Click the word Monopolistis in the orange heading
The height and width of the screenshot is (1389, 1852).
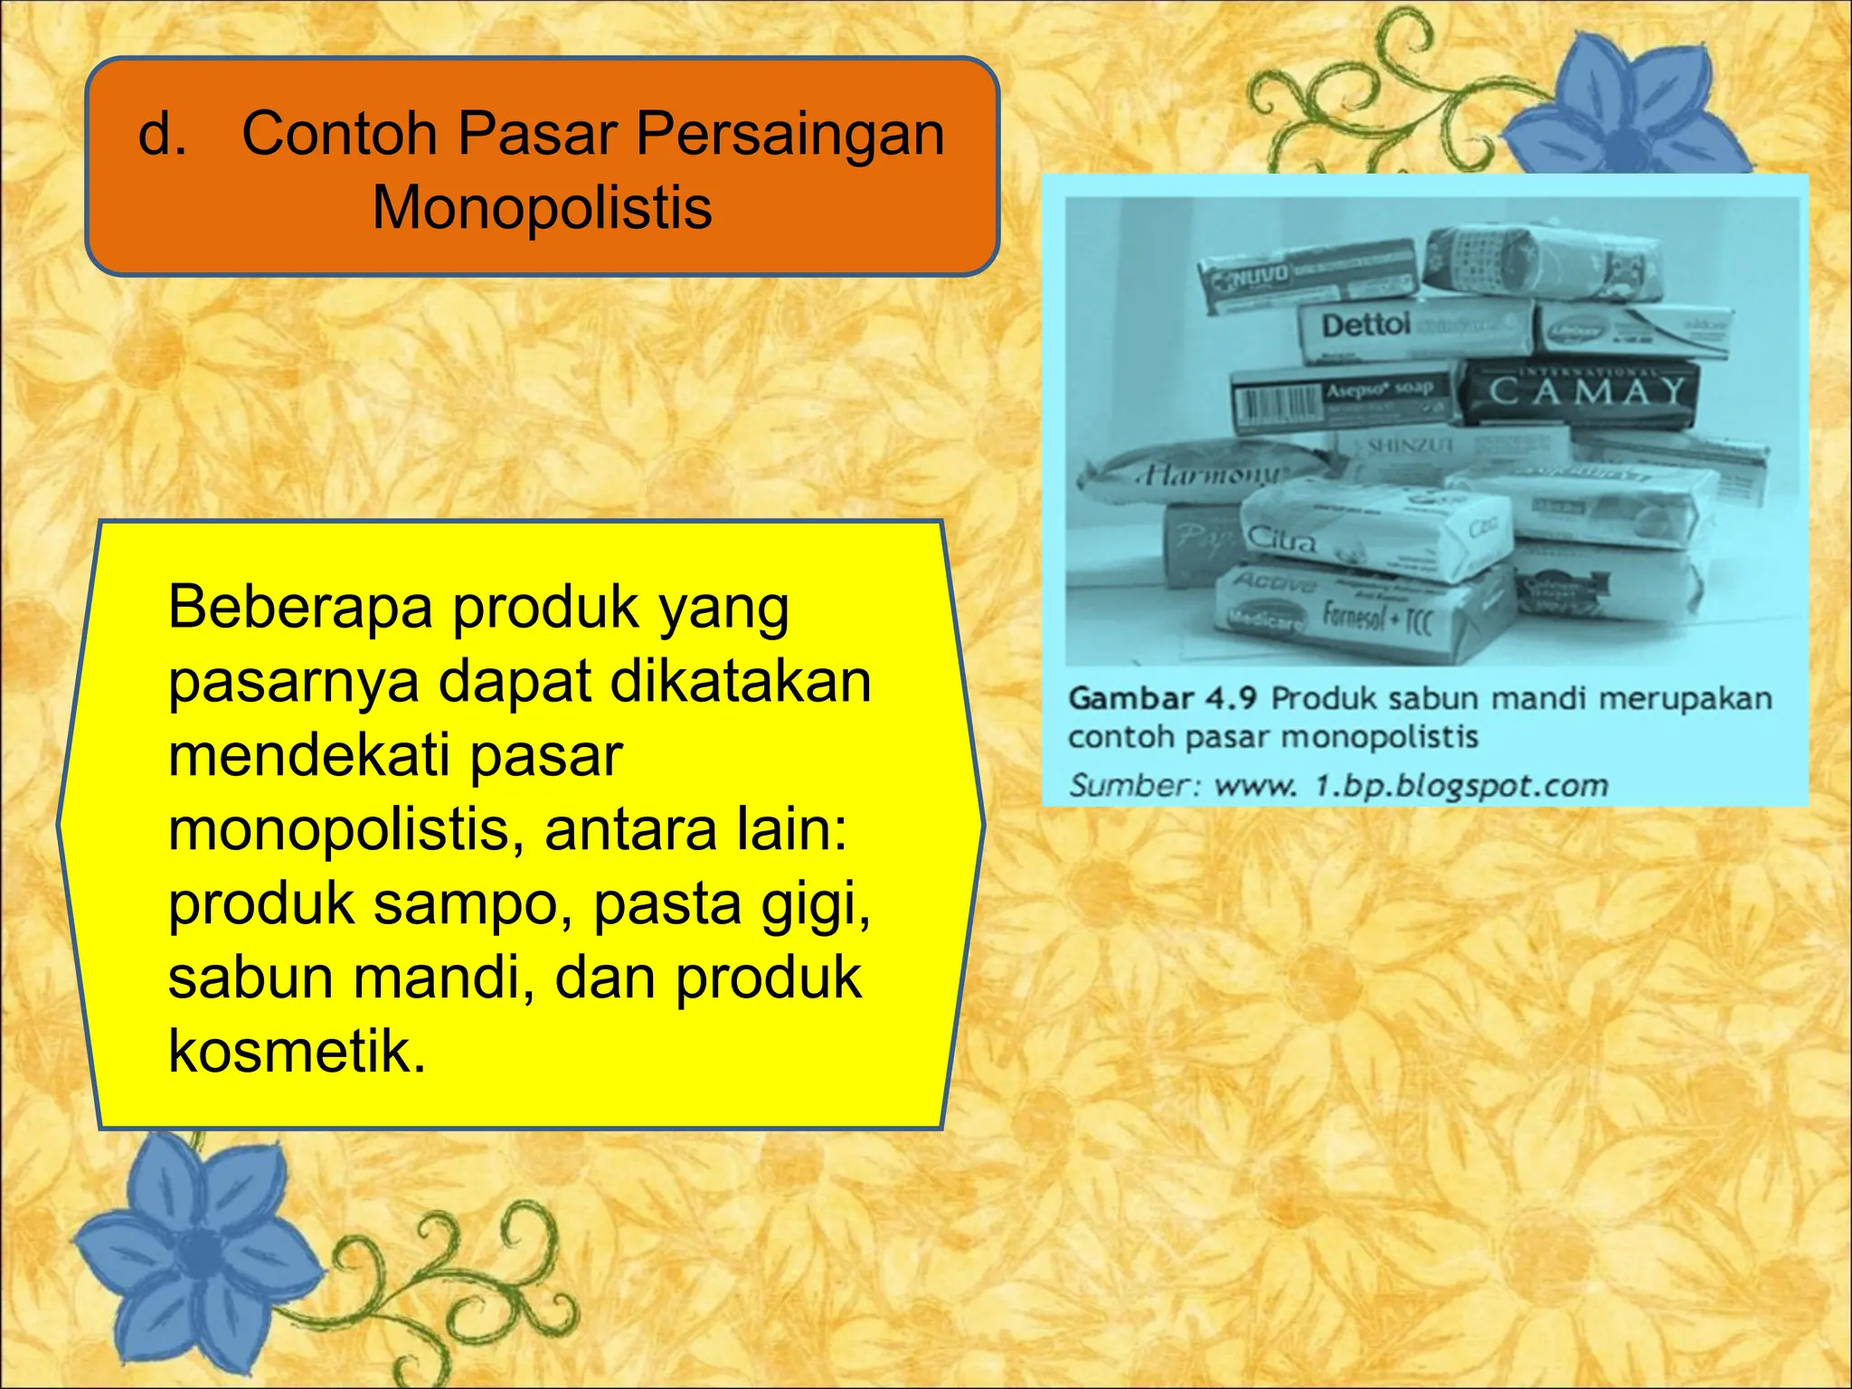(x=542, y=208)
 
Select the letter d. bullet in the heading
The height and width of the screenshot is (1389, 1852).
(x=163, y=134)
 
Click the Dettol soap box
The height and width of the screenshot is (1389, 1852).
(x=1415, y=327)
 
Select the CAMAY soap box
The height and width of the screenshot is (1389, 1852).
(x=1583, y=392)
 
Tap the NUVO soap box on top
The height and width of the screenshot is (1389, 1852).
(x=1306, y=278)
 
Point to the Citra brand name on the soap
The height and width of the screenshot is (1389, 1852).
(x=1281, y=539)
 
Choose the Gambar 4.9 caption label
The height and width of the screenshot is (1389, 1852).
(x=1162, y=698)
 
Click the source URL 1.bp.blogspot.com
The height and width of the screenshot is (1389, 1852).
(x=1460, y=785)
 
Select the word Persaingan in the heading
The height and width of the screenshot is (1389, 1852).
(x=789, y=134)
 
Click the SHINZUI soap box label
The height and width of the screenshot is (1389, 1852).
(x=1410, y=446)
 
